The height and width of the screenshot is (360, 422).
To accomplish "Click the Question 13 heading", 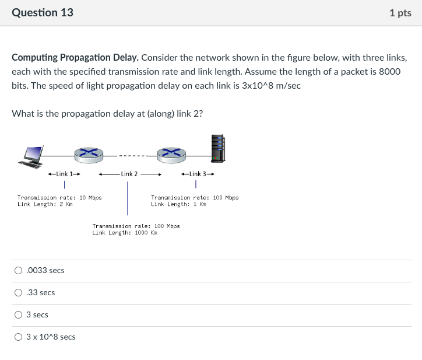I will (x=43, y=12).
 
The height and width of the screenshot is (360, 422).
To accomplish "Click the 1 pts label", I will (x=400, y=13).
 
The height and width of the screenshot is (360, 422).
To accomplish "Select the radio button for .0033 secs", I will (x=19, y=270).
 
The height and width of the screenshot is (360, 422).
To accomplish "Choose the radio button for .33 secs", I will (x=19, y=292).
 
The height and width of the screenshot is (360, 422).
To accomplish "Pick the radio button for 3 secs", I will (x=19, y=314).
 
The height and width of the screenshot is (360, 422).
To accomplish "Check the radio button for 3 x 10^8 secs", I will (x=19, y=337).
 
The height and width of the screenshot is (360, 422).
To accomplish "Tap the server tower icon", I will (x=218, y=148).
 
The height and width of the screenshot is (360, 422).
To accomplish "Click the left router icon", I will (x=89, y=153).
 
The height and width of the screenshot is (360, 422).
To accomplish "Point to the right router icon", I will (x=171, y=153).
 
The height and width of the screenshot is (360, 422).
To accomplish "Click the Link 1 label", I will (x=64, y=174).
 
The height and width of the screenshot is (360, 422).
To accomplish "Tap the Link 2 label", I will (x=129, y=174).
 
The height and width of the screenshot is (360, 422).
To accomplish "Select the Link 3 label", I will (x=198, y=174).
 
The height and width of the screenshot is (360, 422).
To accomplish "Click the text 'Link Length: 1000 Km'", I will (x=125, y=232).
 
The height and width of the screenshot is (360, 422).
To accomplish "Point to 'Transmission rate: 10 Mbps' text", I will (x=59, y=198).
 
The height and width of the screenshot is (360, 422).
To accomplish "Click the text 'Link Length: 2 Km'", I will (x=45, y=204).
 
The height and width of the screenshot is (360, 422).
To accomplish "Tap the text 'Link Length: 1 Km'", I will (x=178, y=204).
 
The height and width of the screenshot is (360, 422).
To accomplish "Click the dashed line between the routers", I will (x=130, y=156).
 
